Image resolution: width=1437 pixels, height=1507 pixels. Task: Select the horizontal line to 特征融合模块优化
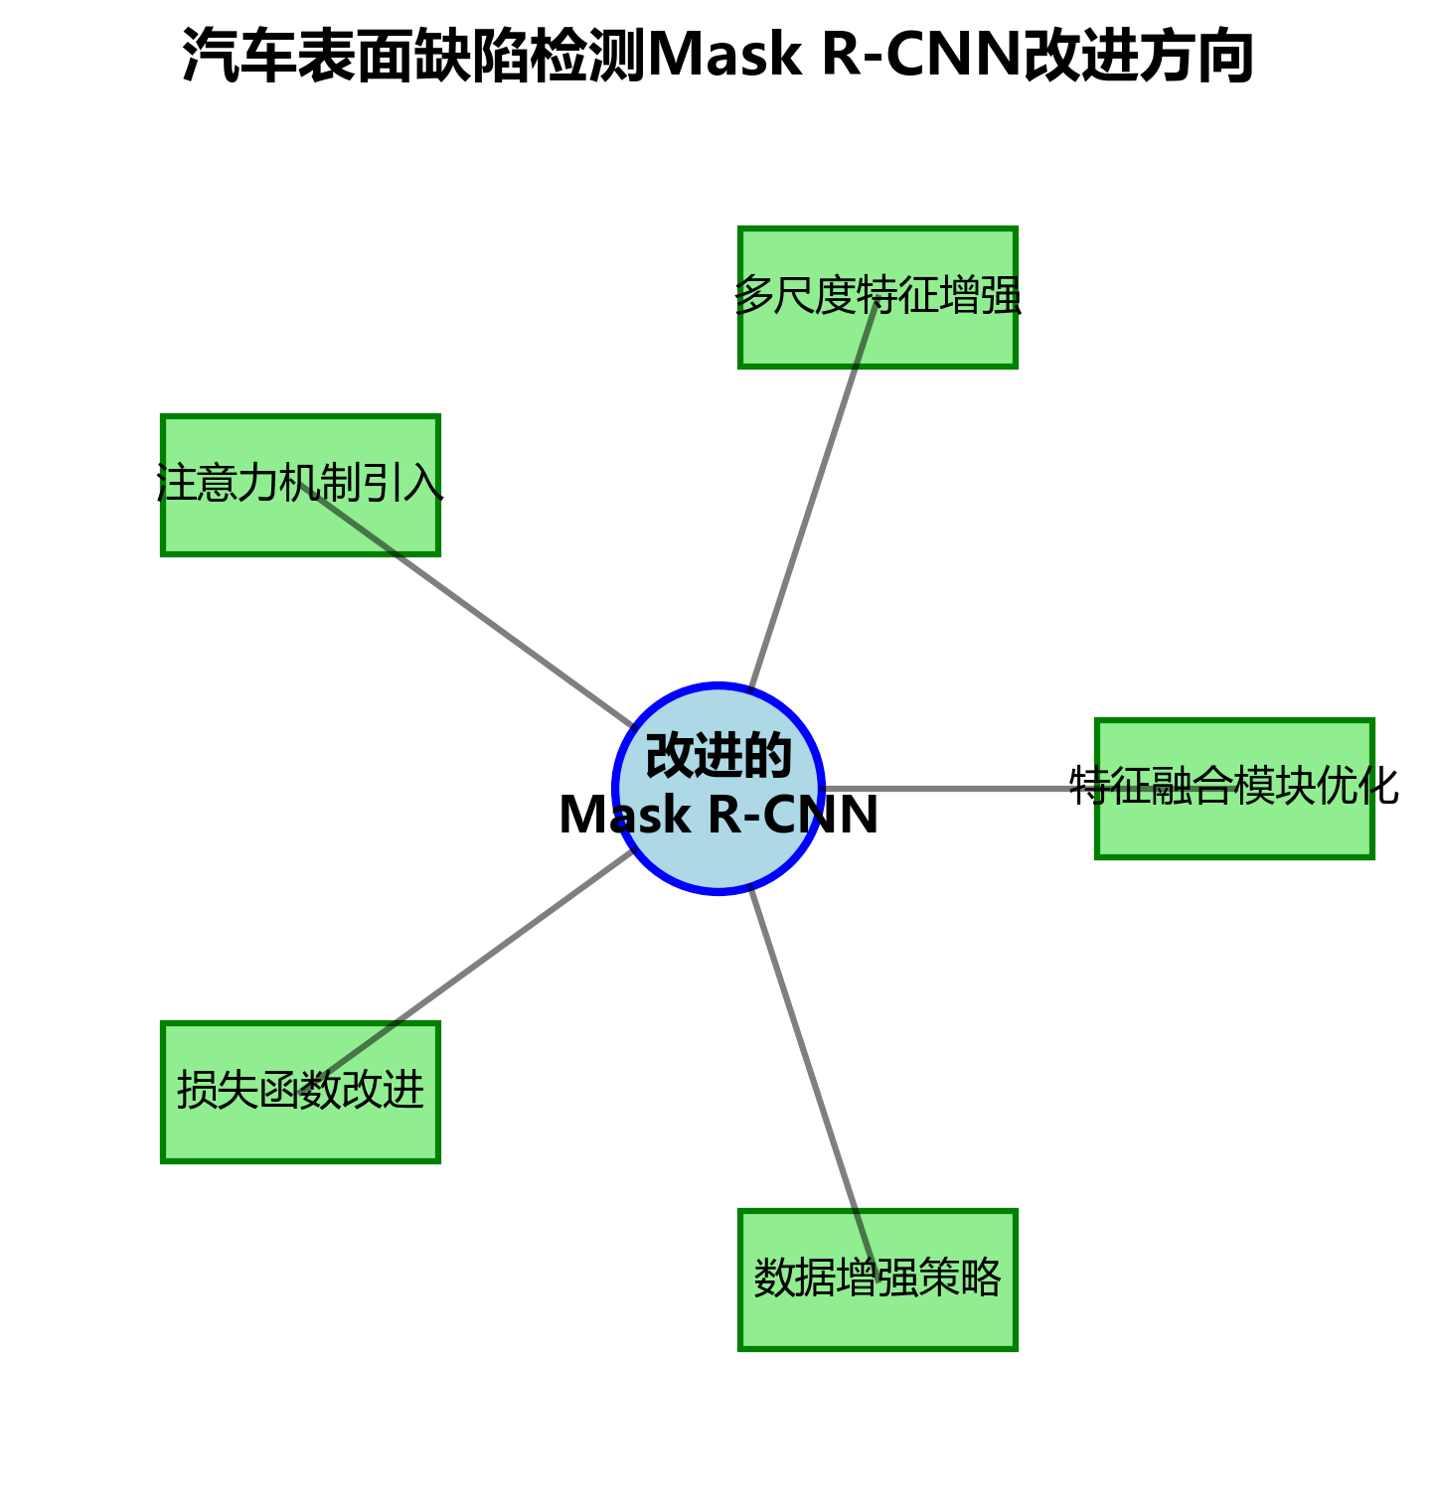pyautogui.click(x=954, y=789)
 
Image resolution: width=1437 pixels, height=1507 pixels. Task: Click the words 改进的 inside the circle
pyautogui.click(x=718, y=757)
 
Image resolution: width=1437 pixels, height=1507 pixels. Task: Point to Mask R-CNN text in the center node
pyautogui.click(x=718, y=816)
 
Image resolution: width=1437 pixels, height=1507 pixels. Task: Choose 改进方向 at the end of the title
pyautogui.click(x=1138, y=56)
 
